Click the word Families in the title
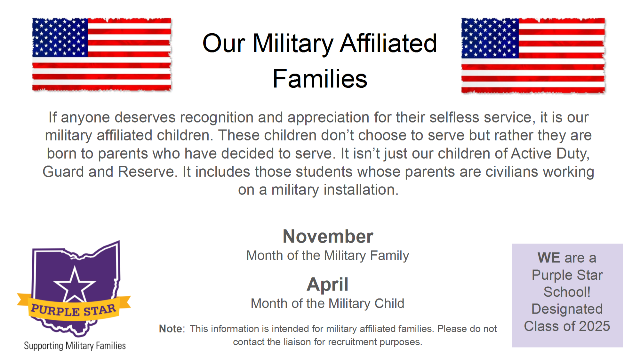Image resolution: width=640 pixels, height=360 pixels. coord(320,79)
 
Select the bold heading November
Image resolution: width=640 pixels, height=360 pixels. coord(328,236)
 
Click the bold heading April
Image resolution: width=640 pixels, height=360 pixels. coord(327,284)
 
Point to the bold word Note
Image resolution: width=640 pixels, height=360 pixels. coord(171,329)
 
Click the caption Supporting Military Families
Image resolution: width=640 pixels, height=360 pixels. coord(75,346)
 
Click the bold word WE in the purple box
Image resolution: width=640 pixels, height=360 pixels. coord(548,258)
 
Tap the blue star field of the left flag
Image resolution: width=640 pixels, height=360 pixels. coord(60,37)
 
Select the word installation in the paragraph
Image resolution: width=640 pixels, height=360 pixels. coord(361,190)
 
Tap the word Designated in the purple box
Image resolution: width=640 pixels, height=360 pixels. coord(567,309)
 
